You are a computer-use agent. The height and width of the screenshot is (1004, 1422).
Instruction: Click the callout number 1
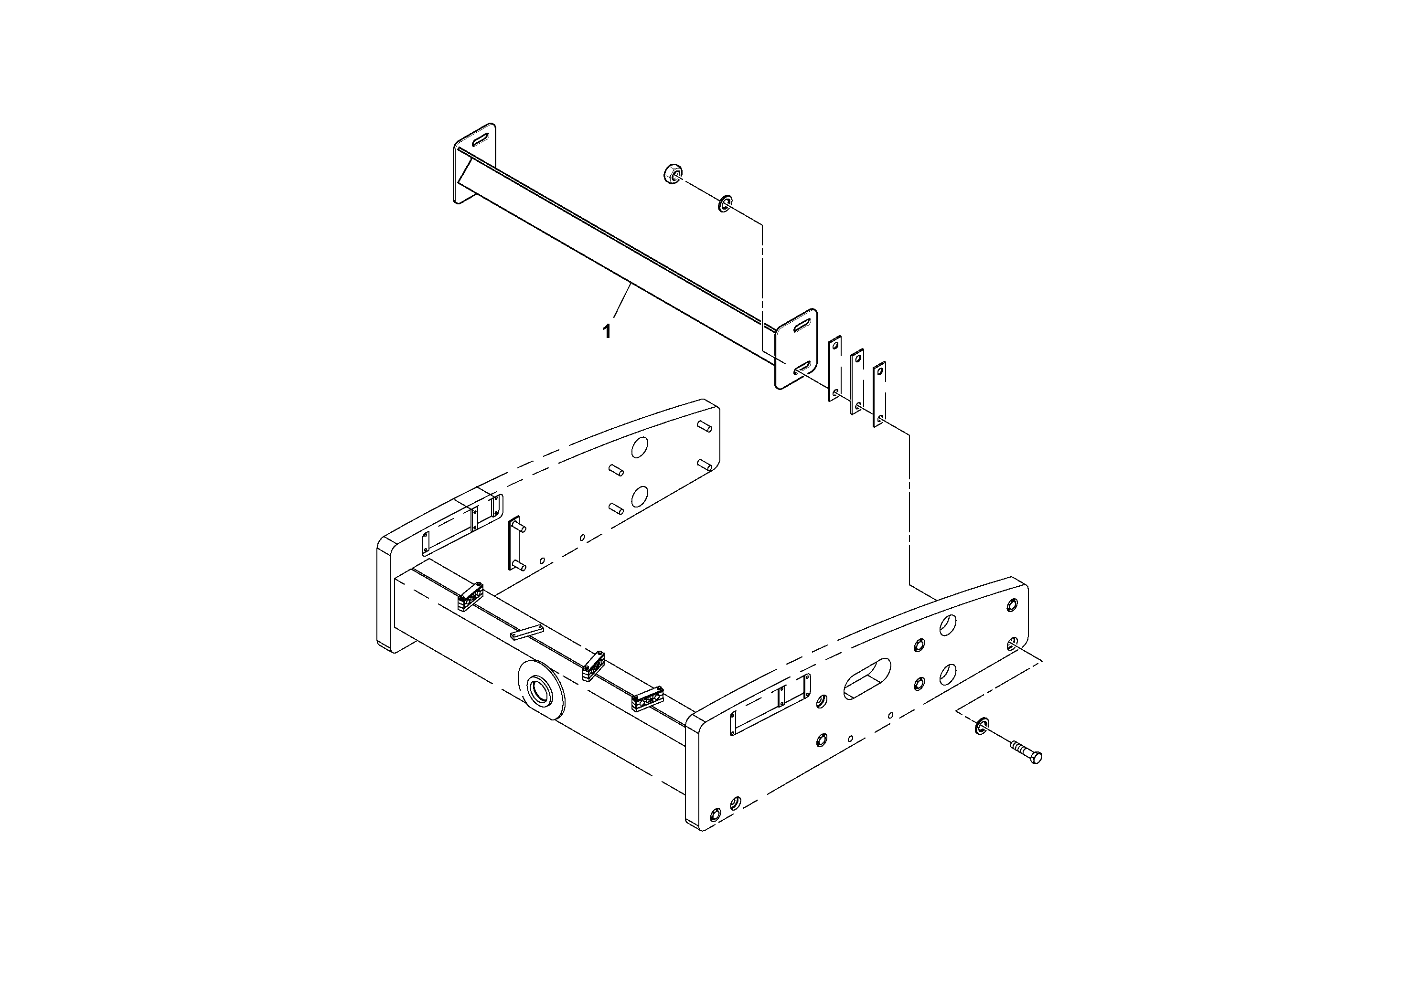point(607,332)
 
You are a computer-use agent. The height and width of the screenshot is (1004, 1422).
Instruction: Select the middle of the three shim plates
point(857,381)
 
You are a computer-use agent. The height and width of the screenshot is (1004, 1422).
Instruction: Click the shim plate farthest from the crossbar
point(879,395)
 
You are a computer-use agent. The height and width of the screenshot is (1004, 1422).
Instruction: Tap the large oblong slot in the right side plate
point(867,679)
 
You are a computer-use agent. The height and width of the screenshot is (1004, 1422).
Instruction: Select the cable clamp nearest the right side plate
point(647,699)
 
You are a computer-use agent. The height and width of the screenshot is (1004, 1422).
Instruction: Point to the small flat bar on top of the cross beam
point(526,632)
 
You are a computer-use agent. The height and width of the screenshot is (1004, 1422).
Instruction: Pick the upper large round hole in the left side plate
point(639,447)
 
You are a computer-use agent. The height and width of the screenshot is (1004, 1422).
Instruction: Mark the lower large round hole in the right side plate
point(948,674)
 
